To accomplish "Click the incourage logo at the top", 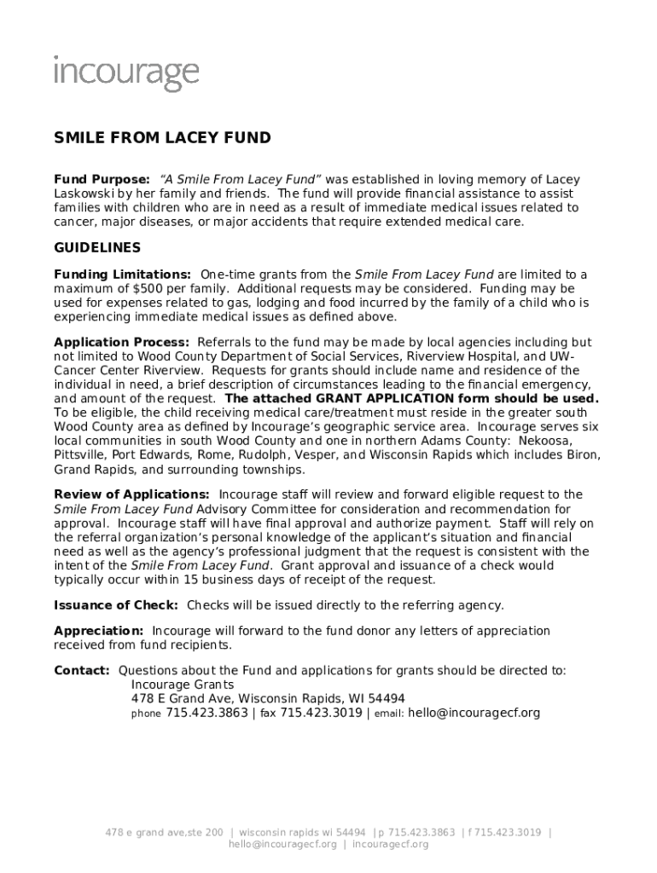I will pyautogui.click(x=126, y=74).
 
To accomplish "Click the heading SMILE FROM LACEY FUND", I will pyautogui.click(x=162, y=138).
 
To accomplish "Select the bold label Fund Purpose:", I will pyautogui.click(x=102, y=180).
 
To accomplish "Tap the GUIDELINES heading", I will pyautogui.click(x=97, y=248).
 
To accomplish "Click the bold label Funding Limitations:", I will pyautogui.click(x=122, y=275).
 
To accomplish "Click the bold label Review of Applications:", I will pyautogui.click(x=131, y=494).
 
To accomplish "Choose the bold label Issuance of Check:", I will pyautogui.click(x=116, y=605).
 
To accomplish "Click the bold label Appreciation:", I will pyautogui.click(x=98, y=631).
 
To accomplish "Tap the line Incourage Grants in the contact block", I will pyautogui.click(x=182, y=685).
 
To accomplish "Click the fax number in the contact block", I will pyautogui.click(x=321, y=713).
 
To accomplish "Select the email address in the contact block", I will pyautogui.click(x=474, y=713).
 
